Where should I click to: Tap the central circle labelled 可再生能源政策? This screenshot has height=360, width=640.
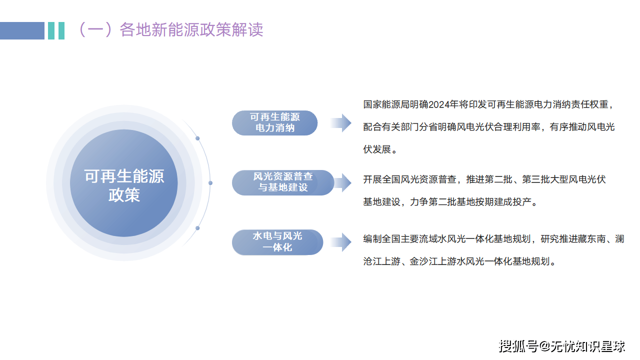click(x=124, y=183)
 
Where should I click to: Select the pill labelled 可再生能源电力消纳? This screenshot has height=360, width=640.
click(x=275, y=122)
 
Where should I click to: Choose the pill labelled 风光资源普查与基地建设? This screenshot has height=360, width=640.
click(x=283, y=182)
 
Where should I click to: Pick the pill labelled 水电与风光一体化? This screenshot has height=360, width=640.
click(x=277, y=242)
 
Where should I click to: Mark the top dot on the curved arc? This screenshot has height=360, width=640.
click(x=197, y=138)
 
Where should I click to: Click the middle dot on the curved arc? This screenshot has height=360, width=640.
click(x=210, y=183)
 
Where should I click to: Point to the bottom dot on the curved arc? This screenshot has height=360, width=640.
click(x=197, y=228)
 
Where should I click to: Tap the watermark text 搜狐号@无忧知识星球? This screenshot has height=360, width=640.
click(x=562, y=345)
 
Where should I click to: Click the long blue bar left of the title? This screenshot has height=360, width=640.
click(x=22, y=30)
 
